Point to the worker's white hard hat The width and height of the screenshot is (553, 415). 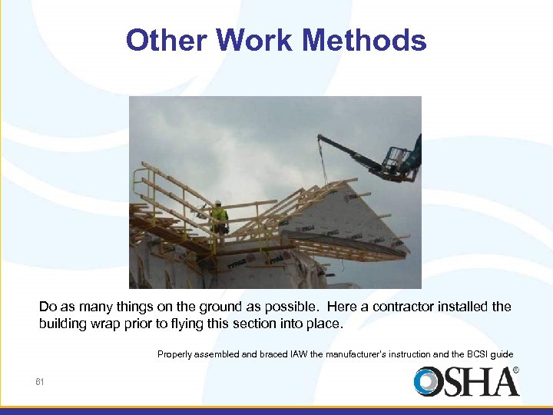coord(219,204)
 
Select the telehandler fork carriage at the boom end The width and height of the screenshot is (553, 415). coord(396,159)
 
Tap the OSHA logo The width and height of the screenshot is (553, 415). coord(466,382)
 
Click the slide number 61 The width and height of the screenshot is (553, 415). coord(40,381)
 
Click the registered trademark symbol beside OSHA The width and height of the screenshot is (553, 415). coord(515,370)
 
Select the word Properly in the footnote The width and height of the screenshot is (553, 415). coord(176,354)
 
